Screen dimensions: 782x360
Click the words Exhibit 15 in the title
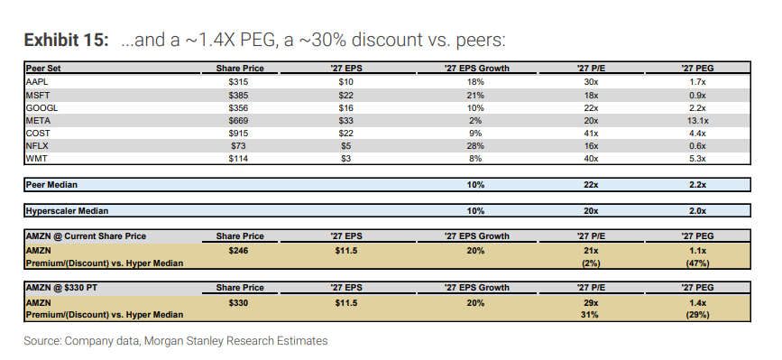pos(66,40)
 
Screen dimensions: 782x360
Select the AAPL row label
pos(36,82)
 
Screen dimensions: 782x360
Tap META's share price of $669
pos(238,121)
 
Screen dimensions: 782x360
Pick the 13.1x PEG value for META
pos(697,121)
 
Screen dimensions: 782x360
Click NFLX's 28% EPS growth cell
pos(475,146)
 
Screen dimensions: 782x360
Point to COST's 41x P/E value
pos(591,134)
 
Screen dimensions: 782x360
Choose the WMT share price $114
pos(238,159)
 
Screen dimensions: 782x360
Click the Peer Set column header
pos(43,69)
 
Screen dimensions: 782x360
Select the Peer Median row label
pos(51,185)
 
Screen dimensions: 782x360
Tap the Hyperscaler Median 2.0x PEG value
pos(697,211)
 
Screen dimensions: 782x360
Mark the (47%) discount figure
pos(697,263)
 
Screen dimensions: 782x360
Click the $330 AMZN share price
pos(238,302)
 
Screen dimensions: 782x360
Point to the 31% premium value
pos(591,315)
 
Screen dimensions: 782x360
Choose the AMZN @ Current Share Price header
pos(86,236)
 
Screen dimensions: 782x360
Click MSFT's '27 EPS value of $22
pos(345,95)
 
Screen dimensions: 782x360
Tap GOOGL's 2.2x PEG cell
pos(697,107)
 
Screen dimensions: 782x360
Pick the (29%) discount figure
pos(697,315)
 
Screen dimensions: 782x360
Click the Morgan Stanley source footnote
pos(176,341)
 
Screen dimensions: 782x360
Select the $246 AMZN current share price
pos(238,251)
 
